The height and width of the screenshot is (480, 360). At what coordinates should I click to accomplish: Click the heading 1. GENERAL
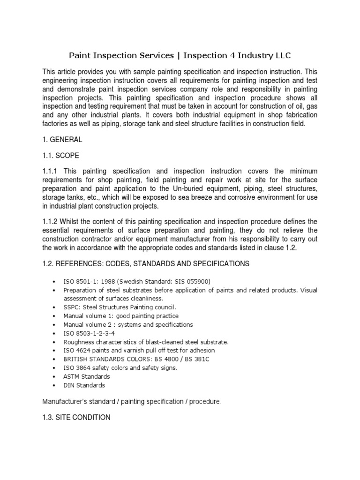pyautogui.click(x=62, y=140)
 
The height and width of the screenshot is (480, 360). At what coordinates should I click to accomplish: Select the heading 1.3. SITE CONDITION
pyautogui.click(x=76, y=417)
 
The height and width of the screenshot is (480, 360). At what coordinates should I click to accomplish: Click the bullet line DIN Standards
pyautogui.click(x=84, y=385)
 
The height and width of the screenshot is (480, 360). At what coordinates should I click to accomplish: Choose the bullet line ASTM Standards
pyautogui.click(x=87, y=376)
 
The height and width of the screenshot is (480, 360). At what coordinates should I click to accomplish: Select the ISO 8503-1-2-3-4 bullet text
pyautogui.click(x=90, y=333)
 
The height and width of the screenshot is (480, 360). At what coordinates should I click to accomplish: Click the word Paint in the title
pyautogui.click(x=81, y=56)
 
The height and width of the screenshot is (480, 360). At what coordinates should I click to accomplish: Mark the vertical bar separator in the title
pyautogui.click(x=178, y=56)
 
